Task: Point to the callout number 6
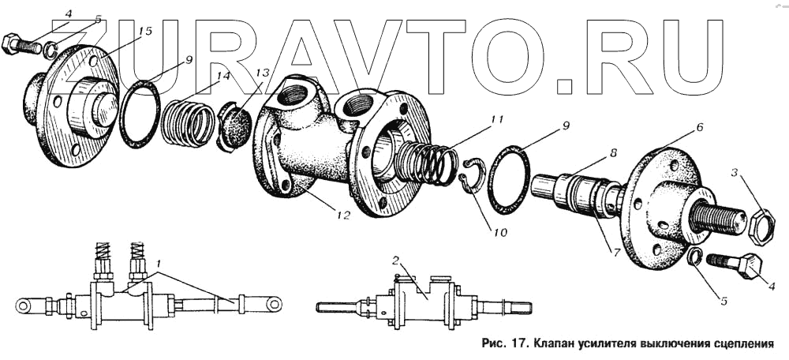click(x=699, y=126)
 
